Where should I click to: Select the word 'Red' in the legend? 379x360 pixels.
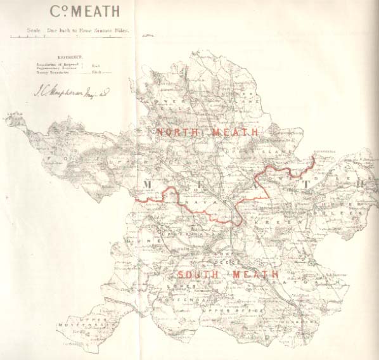click(96, 65)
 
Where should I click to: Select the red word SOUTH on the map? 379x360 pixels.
click(197, 274)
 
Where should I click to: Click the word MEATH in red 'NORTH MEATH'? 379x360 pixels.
click(234, 132)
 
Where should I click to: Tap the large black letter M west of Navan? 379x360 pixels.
click(148, 184)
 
